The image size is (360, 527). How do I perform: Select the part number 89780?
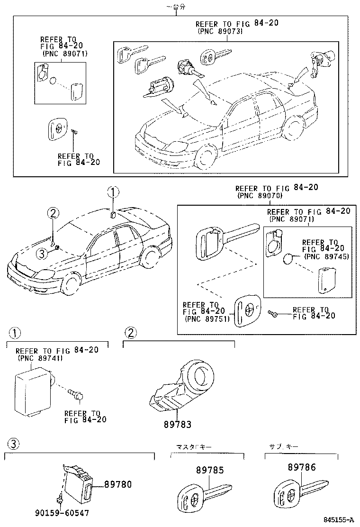coord(117,484)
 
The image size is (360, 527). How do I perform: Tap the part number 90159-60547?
coord(62,513)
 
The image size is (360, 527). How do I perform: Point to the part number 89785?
coord(210,470)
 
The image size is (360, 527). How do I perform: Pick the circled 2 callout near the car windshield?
coord(53,214)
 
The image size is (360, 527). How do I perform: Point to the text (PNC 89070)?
coord(259,195)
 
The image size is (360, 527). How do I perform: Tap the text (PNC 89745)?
coord(326,256)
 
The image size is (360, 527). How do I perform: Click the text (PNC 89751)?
coord(207,318)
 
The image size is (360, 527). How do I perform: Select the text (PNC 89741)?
coord(39,358)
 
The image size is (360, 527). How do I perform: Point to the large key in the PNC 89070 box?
coord(223,239)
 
